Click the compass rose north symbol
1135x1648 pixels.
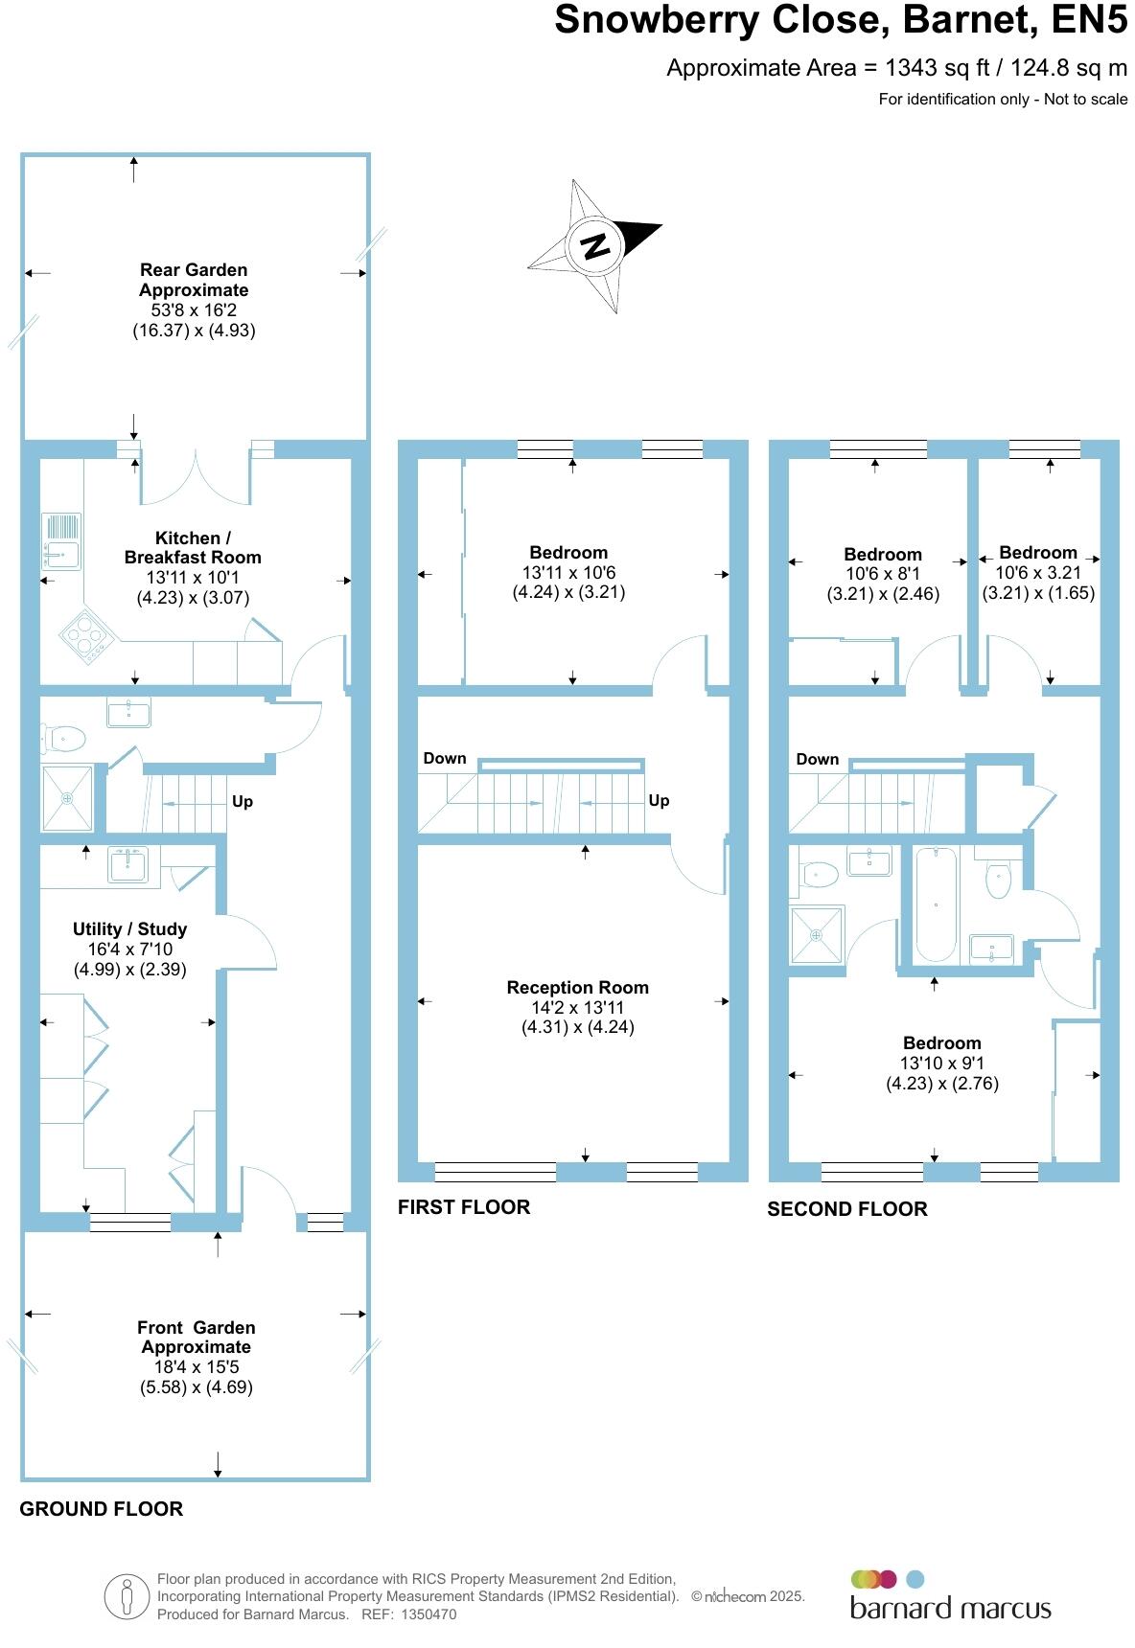595,246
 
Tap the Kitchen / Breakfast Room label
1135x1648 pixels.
193,547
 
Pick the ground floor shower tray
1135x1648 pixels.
67,797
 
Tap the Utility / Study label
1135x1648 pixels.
129,928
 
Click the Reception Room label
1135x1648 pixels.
577,987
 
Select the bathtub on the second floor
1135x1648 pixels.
936,904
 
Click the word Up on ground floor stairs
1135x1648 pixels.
243,801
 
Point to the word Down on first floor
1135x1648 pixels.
445,758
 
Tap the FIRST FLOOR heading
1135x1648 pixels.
464,1206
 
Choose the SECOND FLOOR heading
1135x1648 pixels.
847,1209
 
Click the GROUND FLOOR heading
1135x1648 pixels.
102,1508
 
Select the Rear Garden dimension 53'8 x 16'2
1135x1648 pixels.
194,310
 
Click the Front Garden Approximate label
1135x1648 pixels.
197,1337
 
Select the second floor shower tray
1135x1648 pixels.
817,934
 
